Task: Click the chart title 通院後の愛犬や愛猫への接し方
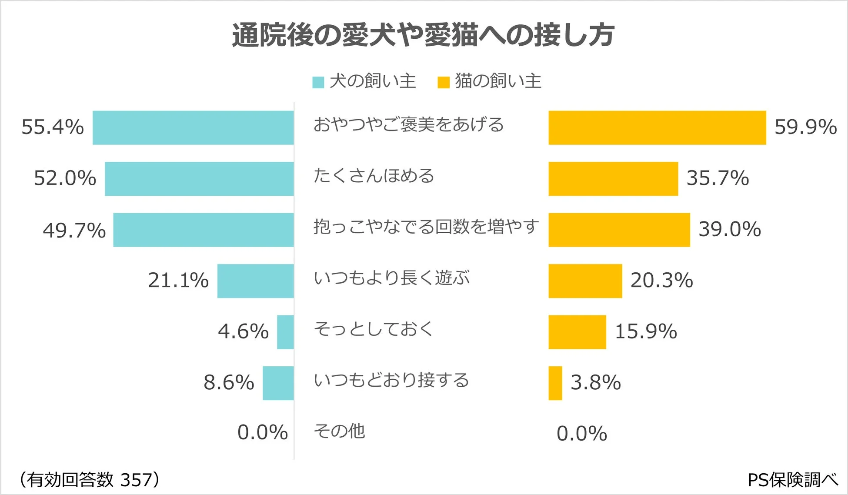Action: point(423,35)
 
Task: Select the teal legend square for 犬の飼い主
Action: point(318,82)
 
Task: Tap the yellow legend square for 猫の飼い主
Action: point(443,82)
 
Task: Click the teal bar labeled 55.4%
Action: point(193,127)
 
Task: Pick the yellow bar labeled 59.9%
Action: point(657,127)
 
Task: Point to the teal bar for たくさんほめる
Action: point(199,179)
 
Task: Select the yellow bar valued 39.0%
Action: point(619,230)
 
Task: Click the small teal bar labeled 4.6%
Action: point(285,332)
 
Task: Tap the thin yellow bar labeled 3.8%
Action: point(555,383)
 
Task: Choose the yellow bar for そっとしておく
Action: point(577,332)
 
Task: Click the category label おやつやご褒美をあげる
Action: point(408,125)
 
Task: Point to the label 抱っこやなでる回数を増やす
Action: point(426,227)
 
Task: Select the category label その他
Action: point(339,431)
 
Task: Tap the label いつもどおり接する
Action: point(391,380)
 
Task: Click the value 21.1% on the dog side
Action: point(178,280)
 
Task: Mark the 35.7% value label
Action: point(718,178)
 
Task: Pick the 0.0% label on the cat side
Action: point(581,434)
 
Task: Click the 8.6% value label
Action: point(229,383)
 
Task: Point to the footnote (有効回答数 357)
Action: point(89,480)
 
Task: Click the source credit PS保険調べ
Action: point(793,480)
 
